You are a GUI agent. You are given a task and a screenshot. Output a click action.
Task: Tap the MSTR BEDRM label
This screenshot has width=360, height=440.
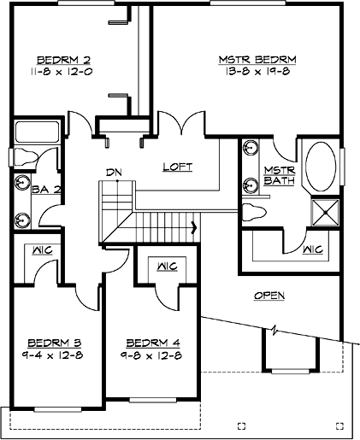[x=257, y=59]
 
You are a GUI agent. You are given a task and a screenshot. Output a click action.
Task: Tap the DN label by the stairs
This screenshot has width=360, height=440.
[x=114, y=173]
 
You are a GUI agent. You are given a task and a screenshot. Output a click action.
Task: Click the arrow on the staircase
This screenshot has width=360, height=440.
[x=196, y=227]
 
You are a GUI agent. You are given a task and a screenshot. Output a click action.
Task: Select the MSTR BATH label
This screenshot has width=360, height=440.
[x=278, y=175]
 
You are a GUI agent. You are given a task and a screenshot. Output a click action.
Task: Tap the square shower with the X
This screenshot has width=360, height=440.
[x=322, y=210]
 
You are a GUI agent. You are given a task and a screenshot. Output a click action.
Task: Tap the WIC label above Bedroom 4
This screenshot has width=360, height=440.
[x=166, y=266]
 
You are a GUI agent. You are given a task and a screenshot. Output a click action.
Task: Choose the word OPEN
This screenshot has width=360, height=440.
[x=269, y=296]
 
